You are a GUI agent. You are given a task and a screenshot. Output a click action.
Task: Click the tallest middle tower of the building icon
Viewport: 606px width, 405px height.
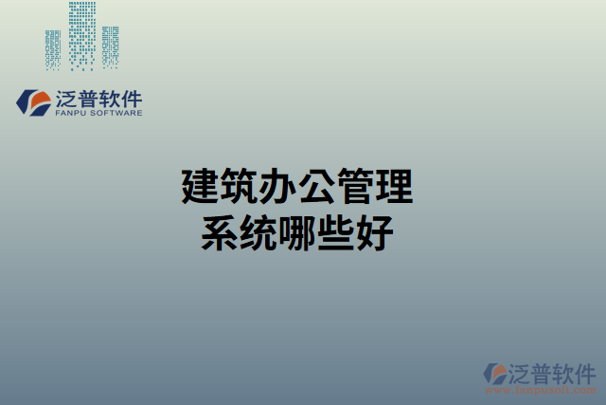(83, 36)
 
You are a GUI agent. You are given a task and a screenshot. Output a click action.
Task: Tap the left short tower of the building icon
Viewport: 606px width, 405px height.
(54, 49)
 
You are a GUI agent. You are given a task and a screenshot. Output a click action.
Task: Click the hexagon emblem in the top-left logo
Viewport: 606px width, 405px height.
(35, 101)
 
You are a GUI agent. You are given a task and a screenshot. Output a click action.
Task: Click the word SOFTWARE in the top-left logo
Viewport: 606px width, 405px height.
(117, 113)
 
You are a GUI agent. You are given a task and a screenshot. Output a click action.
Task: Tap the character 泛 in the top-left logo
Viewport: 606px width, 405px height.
(69, 98)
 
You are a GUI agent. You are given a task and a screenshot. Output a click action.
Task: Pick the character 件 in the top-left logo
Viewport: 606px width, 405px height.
(132, 98)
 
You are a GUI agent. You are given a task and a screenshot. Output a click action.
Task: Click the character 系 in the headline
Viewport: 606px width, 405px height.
(218, 232)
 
